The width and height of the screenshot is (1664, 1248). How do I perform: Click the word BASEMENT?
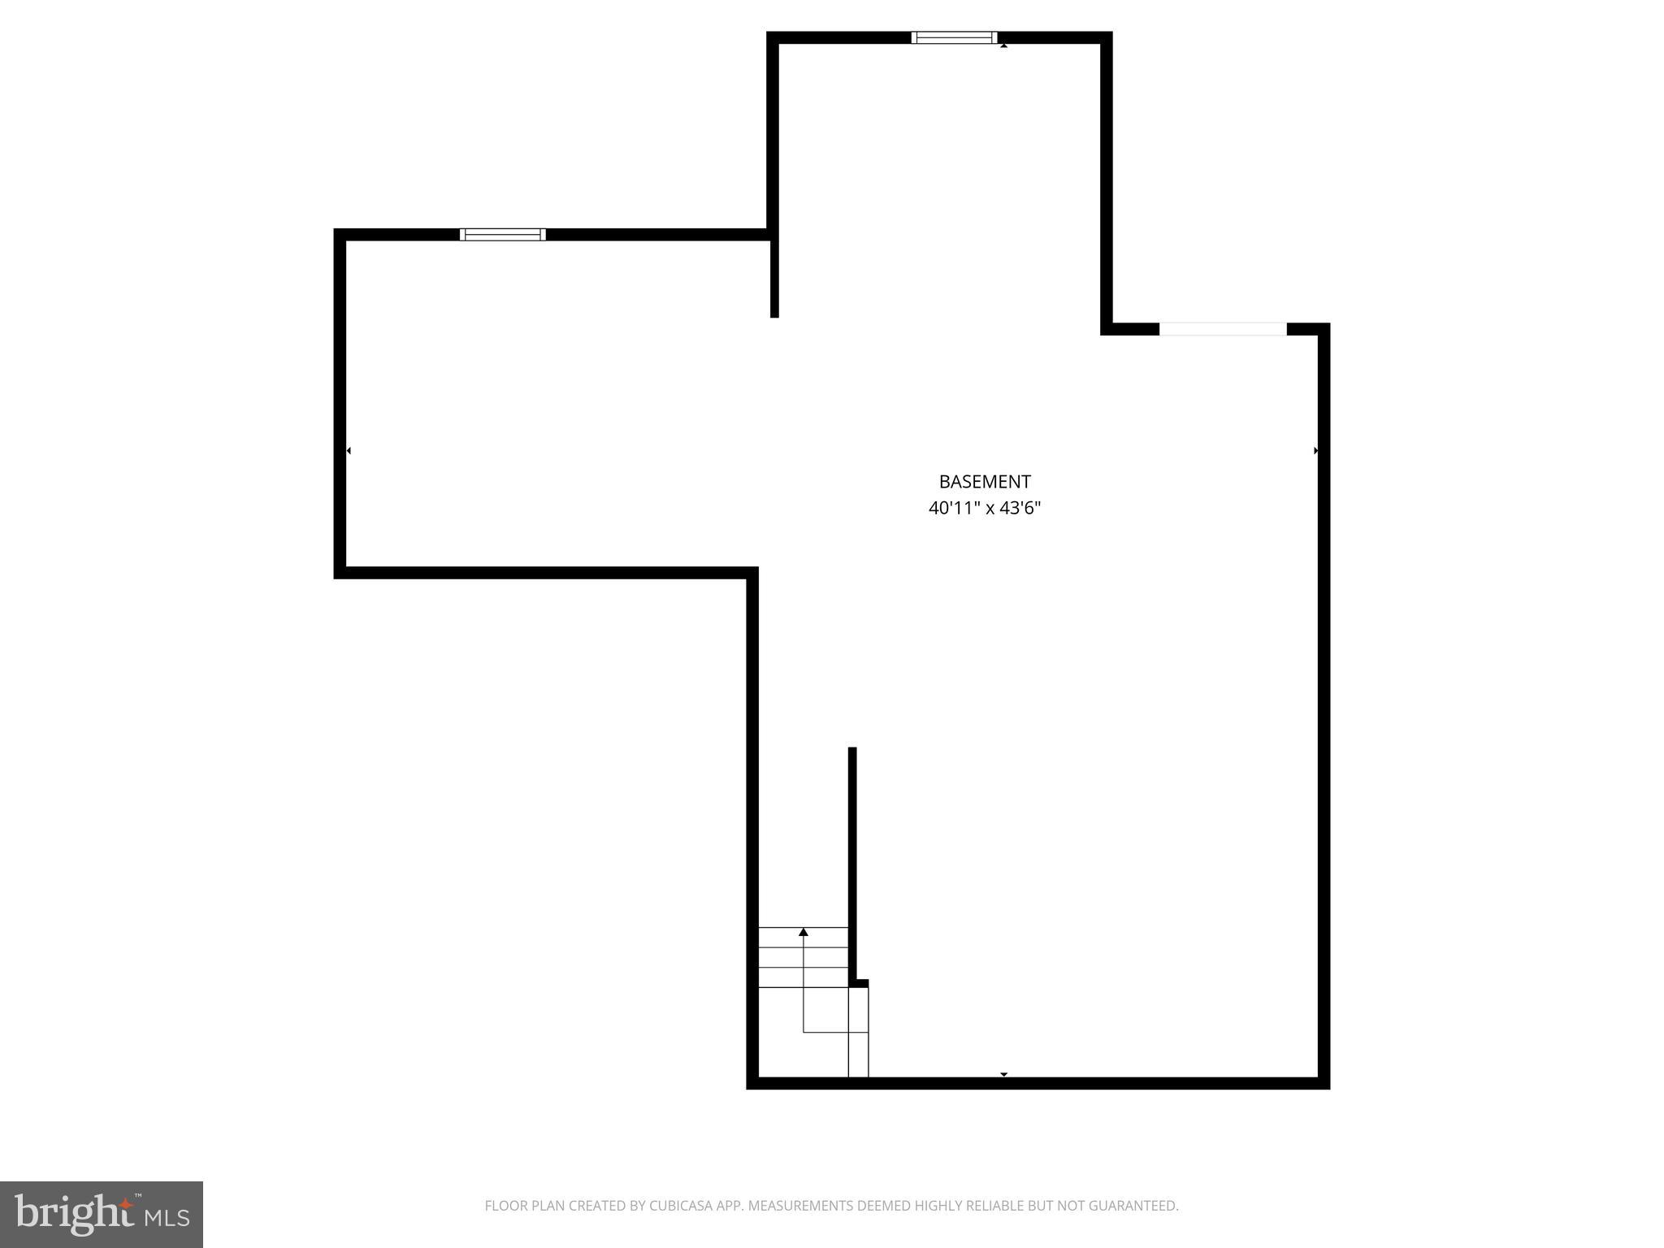point(984,482)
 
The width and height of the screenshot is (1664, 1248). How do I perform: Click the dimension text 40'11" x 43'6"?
point(984,509)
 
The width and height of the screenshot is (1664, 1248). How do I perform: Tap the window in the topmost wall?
point(954,37)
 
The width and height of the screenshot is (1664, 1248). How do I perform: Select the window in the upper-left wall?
point(502,235)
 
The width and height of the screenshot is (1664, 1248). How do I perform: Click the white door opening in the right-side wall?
point(1222,329)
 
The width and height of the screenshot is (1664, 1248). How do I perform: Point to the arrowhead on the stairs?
point(804,932)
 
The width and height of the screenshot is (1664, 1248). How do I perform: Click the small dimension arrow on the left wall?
point(349,450)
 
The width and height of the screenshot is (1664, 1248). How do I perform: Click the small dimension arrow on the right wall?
point(1315,450)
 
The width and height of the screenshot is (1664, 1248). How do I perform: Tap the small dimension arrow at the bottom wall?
point(1003,1074)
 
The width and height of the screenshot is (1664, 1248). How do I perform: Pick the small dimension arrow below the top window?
point(1003,45)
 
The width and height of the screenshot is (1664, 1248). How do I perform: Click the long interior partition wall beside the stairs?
point(852,861)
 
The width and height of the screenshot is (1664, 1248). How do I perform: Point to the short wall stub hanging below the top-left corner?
point(774,276)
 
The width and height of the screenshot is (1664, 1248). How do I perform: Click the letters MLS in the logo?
point(167,1218)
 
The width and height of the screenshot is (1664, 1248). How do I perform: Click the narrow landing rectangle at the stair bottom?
point(858,1032)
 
